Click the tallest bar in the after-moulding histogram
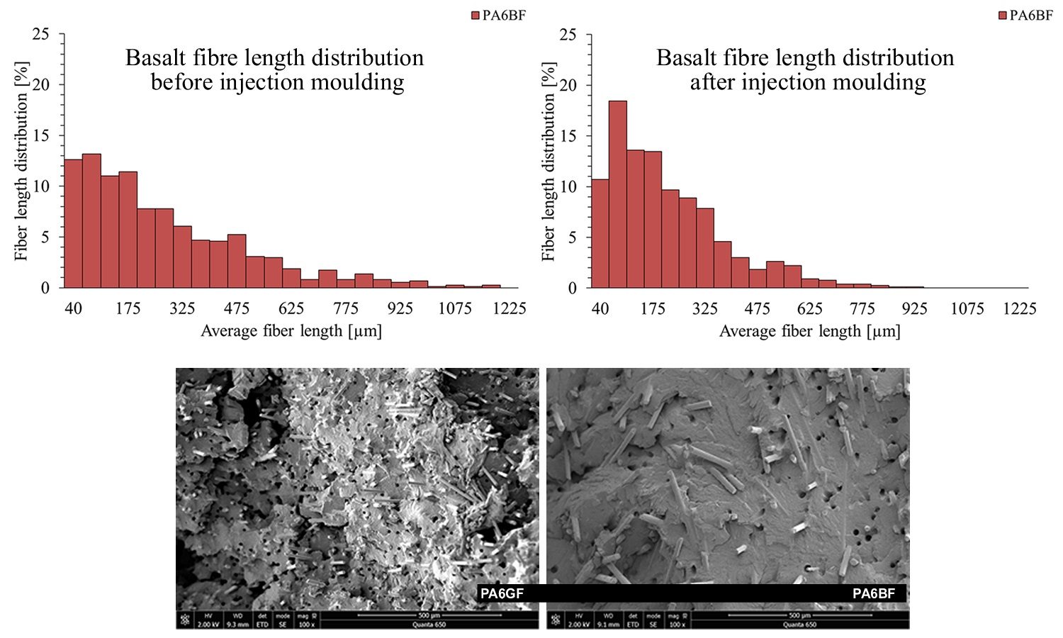point(617,194)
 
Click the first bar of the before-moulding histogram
point(73,223)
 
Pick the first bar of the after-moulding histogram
point(600,233)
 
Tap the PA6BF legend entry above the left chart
point(499,16)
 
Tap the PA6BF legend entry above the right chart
point(1025,16)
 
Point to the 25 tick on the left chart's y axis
point(41,34)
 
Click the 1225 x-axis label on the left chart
point(509,308)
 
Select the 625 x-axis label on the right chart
point(809,309)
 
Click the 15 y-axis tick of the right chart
point(568,136)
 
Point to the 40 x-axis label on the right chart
point(600,309)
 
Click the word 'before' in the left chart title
point(182,82)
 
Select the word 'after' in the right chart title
point(712,82)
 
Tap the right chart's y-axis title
point(549,162)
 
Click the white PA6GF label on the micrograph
point(502,593)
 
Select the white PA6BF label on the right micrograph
point(873,593)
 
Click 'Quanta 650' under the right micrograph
point(799,625)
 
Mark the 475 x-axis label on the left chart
point(237,308)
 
